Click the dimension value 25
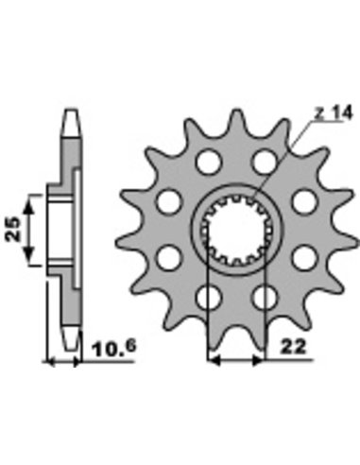click(x=13, y=229)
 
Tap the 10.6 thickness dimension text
click(x=114, y=348)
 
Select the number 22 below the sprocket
click(x=293, y=348)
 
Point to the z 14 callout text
click(x=334, y=113)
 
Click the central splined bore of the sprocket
click(x=236, y=230)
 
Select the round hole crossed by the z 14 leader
click(x=265, y=162)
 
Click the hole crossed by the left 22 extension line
click(x=208, y=298)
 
